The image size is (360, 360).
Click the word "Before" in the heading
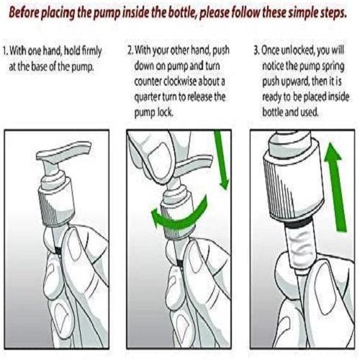24,12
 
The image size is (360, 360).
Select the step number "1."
6,51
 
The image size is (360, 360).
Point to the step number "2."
130,50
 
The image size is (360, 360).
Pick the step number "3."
257,50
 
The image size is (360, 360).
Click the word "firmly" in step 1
91,51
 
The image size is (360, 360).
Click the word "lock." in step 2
165,112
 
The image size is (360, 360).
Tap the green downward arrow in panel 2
222,160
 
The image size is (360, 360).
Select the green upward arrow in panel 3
336,187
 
